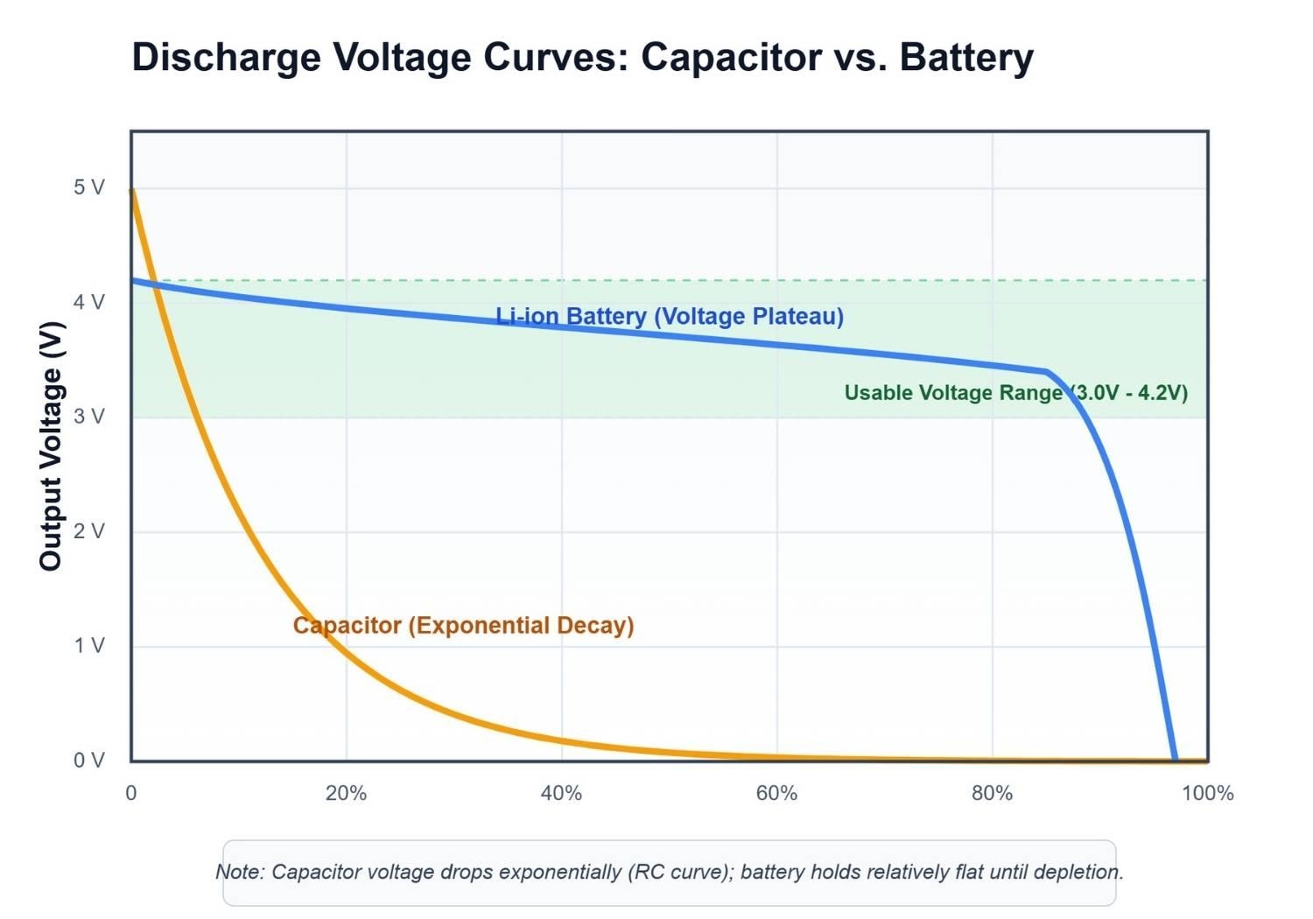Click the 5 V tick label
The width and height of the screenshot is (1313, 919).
pyautogui.click(x=88, y=187)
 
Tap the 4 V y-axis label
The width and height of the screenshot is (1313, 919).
pyautogui.click(x=88, y=302)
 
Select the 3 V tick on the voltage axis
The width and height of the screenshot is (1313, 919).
pyautogui.click(x=88, y=417)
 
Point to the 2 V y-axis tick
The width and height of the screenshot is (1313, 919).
pyautogui.click(x=88, y=531)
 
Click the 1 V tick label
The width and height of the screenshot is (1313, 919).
pyautogui.click(x=88, y=646)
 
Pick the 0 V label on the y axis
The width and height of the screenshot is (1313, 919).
pyautogui.click(x=88, y=761)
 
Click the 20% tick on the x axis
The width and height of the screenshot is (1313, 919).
pyautogui.click(x=346, y=794)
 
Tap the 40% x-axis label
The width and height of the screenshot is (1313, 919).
pyautogui.click(x=561, y=794)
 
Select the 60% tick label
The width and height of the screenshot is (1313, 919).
pyautogui.click(x=776, y=794)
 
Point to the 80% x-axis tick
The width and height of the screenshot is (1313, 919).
pyautogui.click(x=992, y=794)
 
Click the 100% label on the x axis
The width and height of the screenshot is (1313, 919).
pyautogui.click(x=1207, y=794)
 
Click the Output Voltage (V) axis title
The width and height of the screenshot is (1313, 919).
pyautogui.click(x=51, y=446)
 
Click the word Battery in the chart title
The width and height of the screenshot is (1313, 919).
pyautogui.click(x=966, y=58)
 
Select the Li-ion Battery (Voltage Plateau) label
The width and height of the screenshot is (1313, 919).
pyautogui.click(x=670, y=316)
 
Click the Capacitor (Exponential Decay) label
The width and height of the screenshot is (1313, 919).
pyautogui.click(x=463, y=626)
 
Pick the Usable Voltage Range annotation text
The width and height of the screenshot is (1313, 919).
pyautogui.click(x=1015, y=393)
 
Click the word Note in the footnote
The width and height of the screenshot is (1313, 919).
pyautogui.click(x=238, y=872)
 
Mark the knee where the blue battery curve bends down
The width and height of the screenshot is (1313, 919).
pyautogui.click(x=1047, y=372)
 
